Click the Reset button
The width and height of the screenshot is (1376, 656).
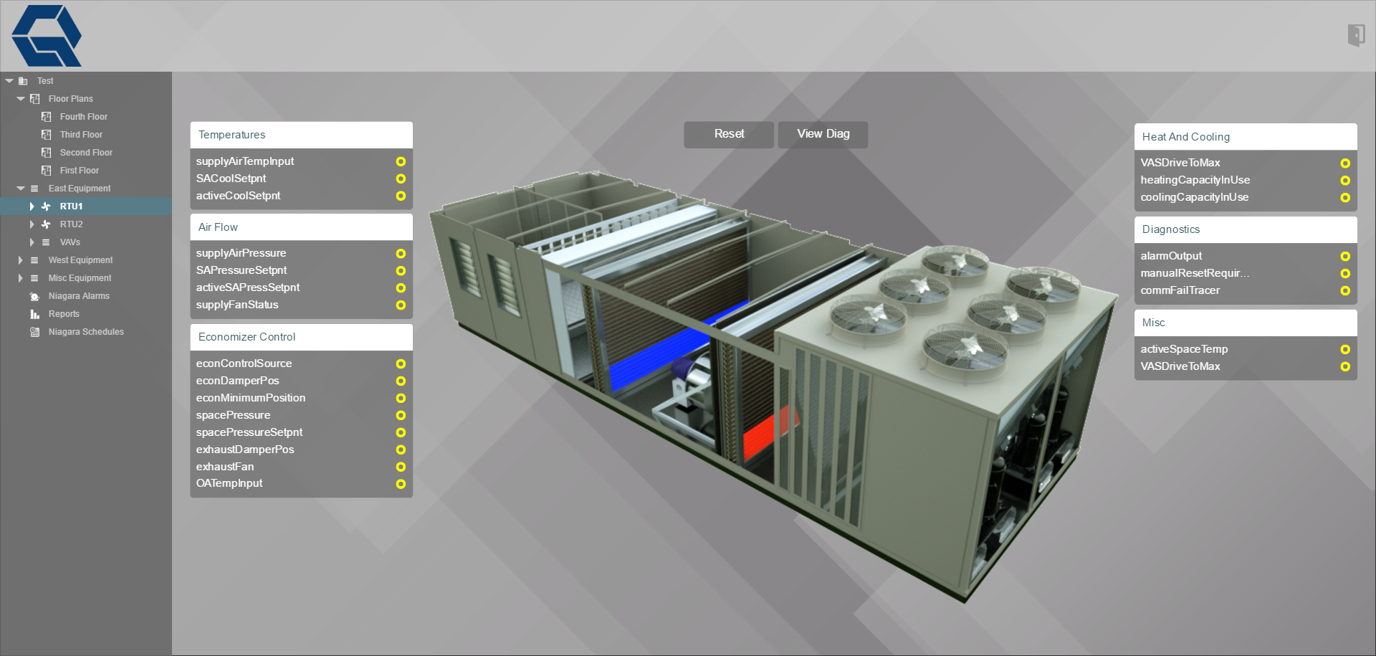(729, 134)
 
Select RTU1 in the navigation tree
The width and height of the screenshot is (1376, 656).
(71, 206)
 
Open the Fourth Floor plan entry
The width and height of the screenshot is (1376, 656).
(84, 117)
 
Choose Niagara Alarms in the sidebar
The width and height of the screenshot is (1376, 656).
(79, 296)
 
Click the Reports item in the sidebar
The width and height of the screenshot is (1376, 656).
(64, 314)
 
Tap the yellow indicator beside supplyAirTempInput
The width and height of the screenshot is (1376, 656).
(401, 161)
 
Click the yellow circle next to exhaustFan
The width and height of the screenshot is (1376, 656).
(401, 467)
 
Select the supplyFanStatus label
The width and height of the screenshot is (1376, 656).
(237, 305)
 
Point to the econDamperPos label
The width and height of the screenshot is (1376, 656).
(237, 381)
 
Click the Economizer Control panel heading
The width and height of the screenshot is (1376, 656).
(247, 337)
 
